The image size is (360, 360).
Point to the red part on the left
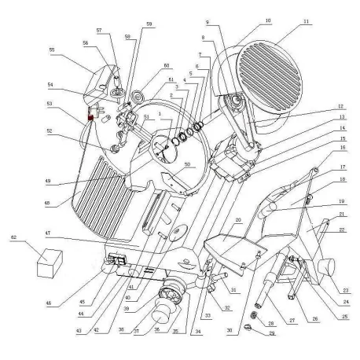click(90, 119)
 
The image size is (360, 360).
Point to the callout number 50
click(187, 164)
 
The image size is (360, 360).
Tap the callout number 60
click(166, 65)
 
